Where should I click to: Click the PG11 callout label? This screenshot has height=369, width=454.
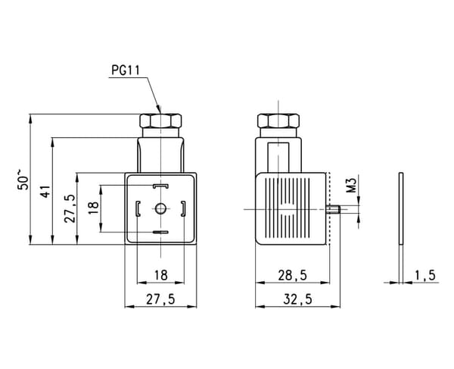(126, 70)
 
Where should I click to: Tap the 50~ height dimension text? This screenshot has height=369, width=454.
(23, 179)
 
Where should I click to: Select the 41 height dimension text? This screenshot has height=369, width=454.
(45, 191)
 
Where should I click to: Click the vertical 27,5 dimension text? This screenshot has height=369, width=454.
(70, 208)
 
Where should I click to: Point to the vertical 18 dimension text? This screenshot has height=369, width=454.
(94, 208)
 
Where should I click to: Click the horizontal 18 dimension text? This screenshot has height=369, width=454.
(160, 275)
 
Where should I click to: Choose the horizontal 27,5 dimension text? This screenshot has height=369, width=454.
(160, 299)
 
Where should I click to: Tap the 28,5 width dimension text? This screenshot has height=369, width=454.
(292, 275)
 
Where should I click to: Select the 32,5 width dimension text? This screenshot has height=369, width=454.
(297, 299)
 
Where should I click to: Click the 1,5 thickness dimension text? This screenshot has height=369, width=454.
(425, 275)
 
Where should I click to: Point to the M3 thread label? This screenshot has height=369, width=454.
(351, 185)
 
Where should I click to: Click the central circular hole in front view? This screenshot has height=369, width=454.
(160, 208)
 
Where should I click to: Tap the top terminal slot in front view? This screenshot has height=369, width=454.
(160, 186)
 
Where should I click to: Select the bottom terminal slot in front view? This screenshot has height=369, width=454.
(160, 232)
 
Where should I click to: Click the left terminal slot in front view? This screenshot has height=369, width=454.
(138, 208)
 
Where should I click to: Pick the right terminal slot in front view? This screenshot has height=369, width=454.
(183, 208)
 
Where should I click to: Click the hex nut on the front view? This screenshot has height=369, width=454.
(160, 121)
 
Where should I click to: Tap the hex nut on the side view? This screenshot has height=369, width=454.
(278, 121)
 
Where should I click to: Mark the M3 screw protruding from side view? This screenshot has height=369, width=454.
(333, 209)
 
